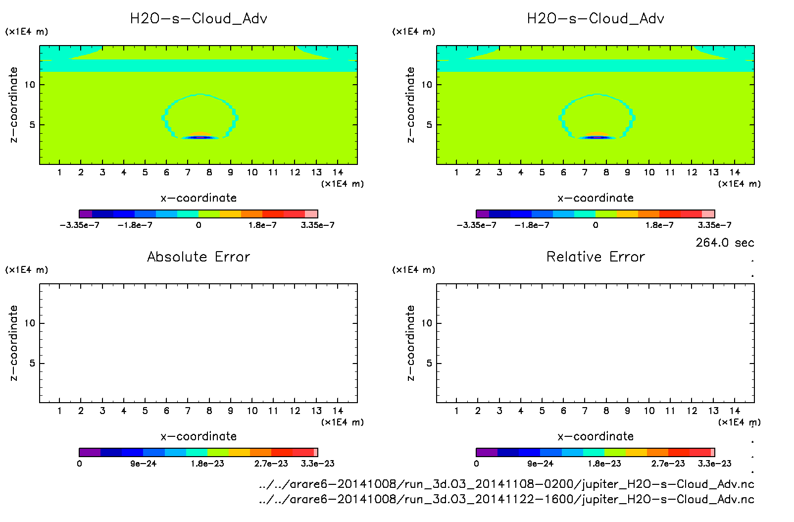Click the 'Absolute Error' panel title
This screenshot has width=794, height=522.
[198, 257]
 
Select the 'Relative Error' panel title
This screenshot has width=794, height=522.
[595, 257]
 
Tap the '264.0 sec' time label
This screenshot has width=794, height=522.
[725, 243]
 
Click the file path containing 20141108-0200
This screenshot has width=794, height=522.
[506, 484]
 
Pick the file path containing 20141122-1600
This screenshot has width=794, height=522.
[506, 499]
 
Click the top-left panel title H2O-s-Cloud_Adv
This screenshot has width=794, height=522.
[198, 19]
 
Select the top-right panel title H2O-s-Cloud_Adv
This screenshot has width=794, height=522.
[595, 19]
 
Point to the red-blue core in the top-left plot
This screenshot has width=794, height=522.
[199, 137]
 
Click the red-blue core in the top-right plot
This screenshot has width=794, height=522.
[596, 137]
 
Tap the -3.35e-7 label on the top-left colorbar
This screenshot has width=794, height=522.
[80, 225]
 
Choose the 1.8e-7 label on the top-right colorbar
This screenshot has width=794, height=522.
[659, 225]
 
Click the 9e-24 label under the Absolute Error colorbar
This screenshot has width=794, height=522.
[144, 464]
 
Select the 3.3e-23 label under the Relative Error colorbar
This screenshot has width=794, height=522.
[714, 464]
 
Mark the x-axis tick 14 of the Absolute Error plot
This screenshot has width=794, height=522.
[338, 411]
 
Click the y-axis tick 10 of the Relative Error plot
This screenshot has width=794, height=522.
[427, 323]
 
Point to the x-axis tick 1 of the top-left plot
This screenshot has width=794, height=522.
[59, 172]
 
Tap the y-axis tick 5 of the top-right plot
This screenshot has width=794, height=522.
[429, 125]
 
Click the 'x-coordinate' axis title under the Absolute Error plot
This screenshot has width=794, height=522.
[198, 436]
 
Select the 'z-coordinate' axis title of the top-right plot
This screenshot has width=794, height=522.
[410, 105]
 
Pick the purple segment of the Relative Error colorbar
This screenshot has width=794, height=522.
[487, 452]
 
